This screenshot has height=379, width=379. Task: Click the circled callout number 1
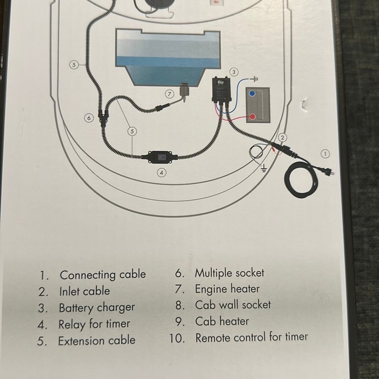pyautogui.click(x=325, y=154)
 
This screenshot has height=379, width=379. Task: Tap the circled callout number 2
pyautogui.click(x=282, y=138)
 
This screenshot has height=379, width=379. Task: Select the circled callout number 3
pyautogui.click(x=233, y=72)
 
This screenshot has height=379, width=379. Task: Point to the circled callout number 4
pyautogui.click(x=162, y=173)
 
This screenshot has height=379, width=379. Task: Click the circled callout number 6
pyautogui.click(x=89, y=118)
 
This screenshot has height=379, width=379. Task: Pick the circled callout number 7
pyautogui.click(x=169, y=94)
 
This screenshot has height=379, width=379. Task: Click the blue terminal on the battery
pyautogui.click(x=252, y=93)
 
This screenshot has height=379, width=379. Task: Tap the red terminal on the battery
pyautogui.click(x=252, y=117)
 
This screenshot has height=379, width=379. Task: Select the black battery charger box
pyautogui.click(x=222, y=89)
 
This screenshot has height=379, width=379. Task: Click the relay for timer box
pyautogui.click(x=160, y=157)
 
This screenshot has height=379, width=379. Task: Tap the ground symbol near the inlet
pyautogui.click(x=264, y=168)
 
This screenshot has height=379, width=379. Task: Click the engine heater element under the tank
pyautogui.click(x=184, y=92)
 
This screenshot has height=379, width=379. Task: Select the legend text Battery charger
pyautogui.click(x=97, y=308)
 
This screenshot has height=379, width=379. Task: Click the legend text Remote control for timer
pyautogui.click(x=251, y=337)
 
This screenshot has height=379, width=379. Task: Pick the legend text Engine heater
pyautogui.click(x=227, y=289)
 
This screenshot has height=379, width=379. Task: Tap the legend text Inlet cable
pyautogui.click(x=85, y=291)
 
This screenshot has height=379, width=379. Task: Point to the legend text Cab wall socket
pyautogui.click(x=233, y=305)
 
